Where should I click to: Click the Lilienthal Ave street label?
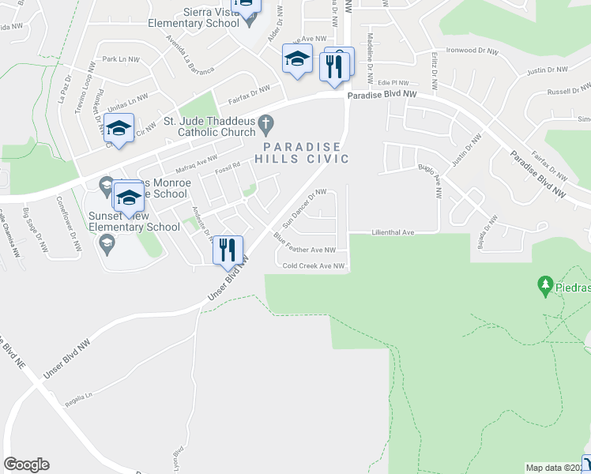click(x=393, y=233)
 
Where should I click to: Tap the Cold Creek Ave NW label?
click(x=314, y=266)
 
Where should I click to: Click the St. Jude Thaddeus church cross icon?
click(x=266, y=122)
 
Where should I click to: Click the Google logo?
click(x=26, y=464)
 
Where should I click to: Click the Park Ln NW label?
click(x=120, y=59)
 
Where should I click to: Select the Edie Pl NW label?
click(x=393, y=83)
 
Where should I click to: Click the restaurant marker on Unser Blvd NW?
click(x=228, y=250)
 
